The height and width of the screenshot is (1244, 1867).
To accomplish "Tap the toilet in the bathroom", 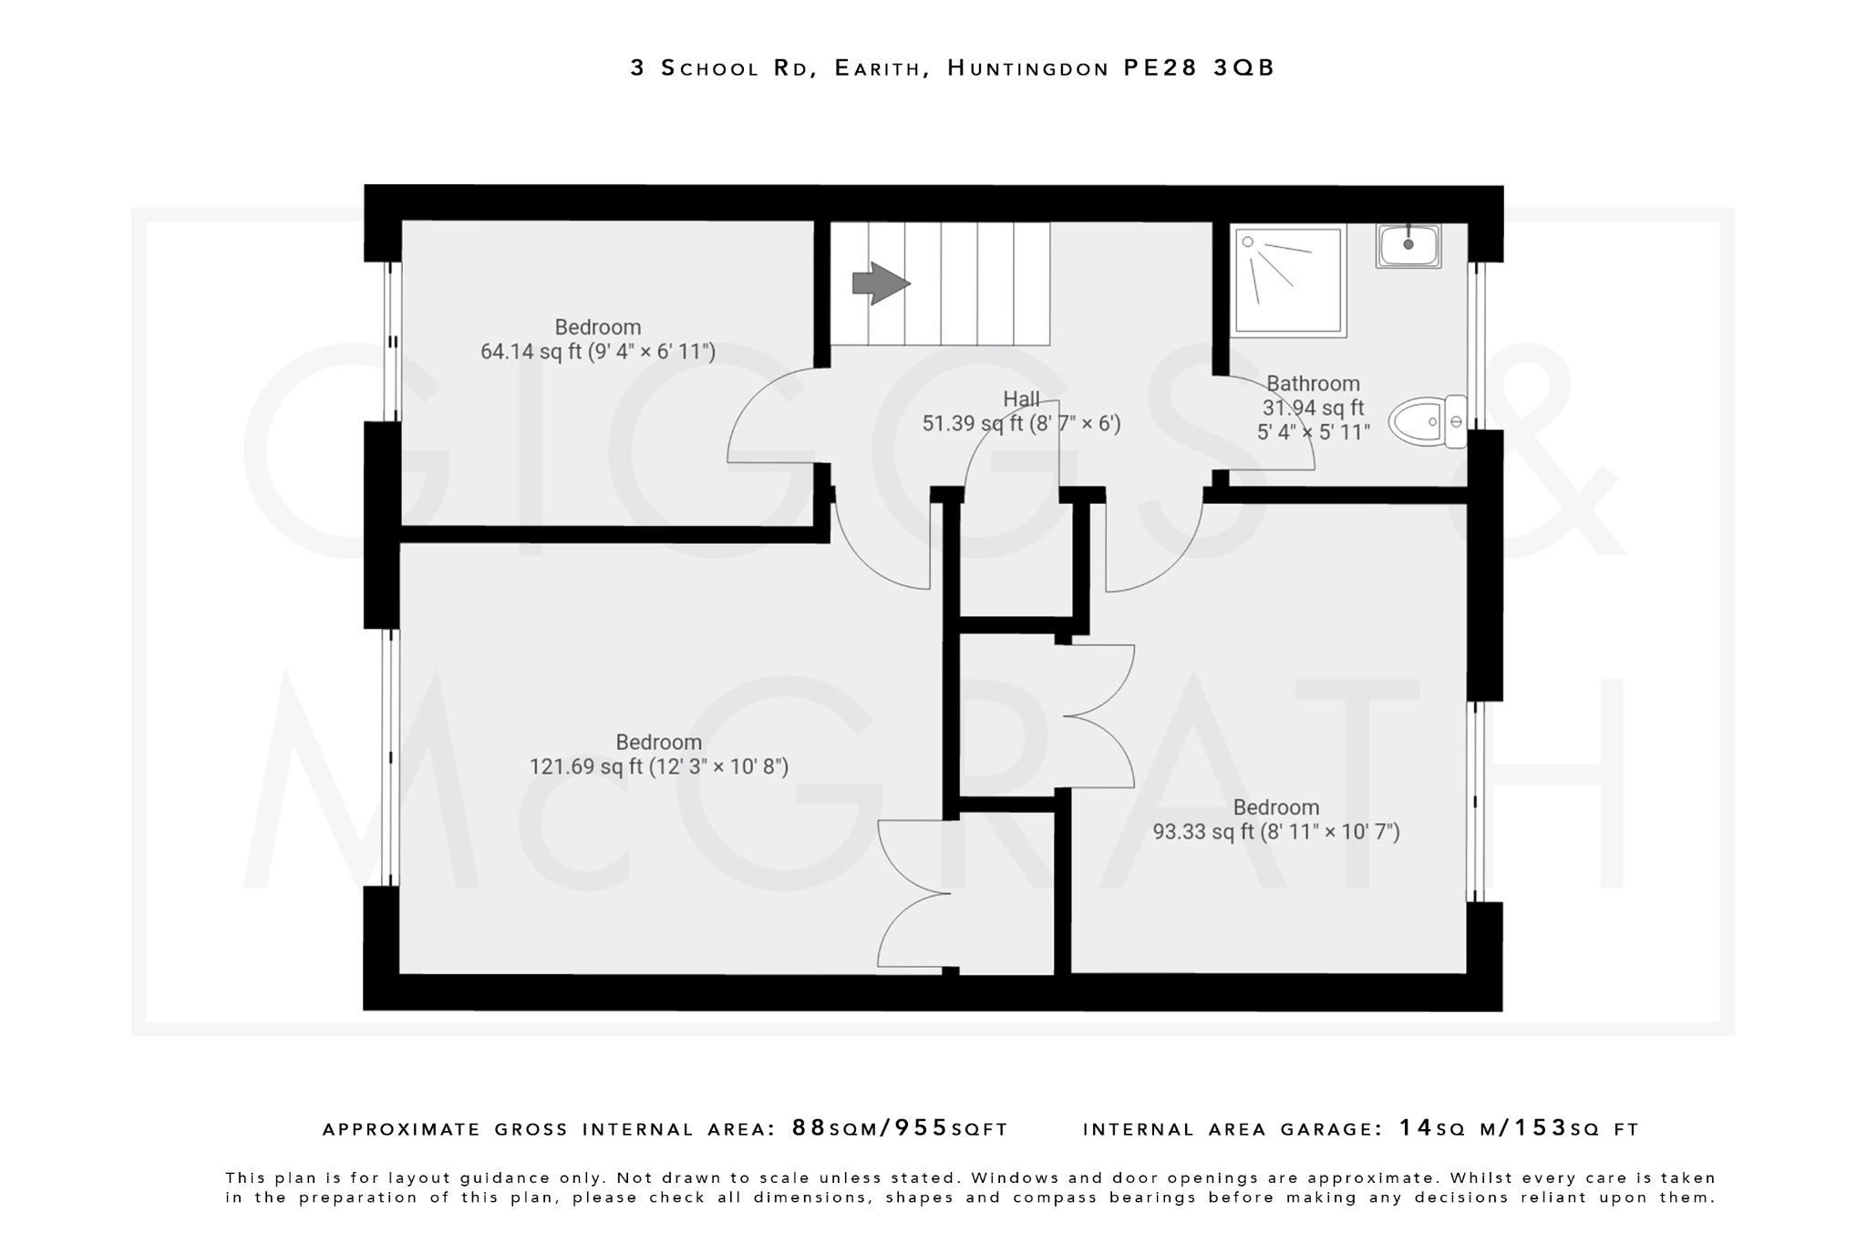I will tap(1427, 422).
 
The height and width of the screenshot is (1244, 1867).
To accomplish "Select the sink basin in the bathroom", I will tap(1408, 245).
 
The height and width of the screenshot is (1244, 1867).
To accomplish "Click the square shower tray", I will tap(1288, 281).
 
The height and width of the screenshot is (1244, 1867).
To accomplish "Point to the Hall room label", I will tap(1021, 399).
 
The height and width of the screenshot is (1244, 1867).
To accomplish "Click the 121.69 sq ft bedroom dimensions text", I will tap(658, 766).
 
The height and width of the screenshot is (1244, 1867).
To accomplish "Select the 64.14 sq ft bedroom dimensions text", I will tap(597, 352).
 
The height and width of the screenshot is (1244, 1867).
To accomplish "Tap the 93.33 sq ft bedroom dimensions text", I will tap(1275, 832).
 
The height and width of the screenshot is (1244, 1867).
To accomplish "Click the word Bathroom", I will tap(1313, 384).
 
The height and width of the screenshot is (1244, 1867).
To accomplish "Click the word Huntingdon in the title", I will tap(1027, 68).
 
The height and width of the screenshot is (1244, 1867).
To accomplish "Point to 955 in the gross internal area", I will tap(922, 1128).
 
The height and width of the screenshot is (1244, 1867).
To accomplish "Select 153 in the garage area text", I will tap(1541, 1128).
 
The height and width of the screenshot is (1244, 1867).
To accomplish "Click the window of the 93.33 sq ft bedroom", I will tap(1475, 801).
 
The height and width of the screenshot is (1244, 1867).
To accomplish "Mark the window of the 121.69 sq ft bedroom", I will tap(390, 756).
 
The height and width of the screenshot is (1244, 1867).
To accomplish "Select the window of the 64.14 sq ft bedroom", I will tap(392, 342).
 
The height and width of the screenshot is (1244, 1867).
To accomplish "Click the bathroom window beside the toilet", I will tap(1477, 346).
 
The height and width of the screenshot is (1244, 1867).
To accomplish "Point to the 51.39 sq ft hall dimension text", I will tap(1021, 424).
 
